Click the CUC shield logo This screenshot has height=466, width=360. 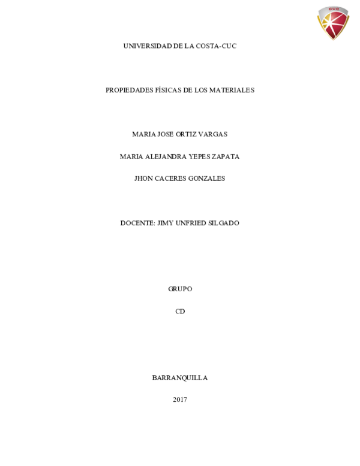click(333, 23)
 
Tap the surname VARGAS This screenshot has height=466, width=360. click(212, 135)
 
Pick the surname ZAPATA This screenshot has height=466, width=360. click(226, 157)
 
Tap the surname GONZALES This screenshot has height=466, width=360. click(207, 178)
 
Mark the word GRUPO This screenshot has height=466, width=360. click(180, 289)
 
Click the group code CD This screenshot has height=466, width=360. click(180, 311)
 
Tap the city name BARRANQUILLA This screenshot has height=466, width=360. click(180, 378)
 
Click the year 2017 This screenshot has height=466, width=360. click(180, 400)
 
